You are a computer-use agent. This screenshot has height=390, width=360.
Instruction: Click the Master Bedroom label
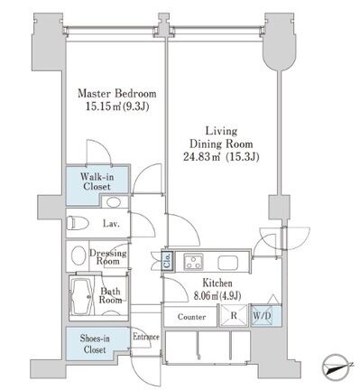pos(117,93)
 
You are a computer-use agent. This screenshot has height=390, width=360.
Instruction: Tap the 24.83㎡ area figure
pos(201,157)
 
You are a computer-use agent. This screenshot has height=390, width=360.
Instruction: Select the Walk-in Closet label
pos(97,181)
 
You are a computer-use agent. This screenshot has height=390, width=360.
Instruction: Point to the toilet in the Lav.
pos(78,223)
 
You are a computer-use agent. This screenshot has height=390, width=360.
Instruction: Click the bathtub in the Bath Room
pos(82,296)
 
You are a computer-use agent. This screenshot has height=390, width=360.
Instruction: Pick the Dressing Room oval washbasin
pos(78,255)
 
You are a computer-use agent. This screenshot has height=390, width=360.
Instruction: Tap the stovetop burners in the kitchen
pos(194,261)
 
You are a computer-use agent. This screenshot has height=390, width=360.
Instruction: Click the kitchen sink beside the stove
pos(228,263)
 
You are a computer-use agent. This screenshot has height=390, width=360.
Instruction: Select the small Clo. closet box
pos(167,260)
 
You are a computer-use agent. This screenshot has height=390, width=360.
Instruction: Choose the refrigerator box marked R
pos(234,316)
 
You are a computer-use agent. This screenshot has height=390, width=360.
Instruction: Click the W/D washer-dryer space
pos(262,316)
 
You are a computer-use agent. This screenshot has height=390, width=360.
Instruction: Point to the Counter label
pos(191,317)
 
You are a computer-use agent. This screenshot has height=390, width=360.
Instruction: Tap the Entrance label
pos(146,337)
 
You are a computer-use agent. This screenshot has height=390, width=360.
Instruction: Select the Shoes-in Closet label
pos(95,344)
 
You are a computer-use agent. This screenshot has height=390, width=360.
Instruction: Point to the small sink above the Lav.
pos(114,202)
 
